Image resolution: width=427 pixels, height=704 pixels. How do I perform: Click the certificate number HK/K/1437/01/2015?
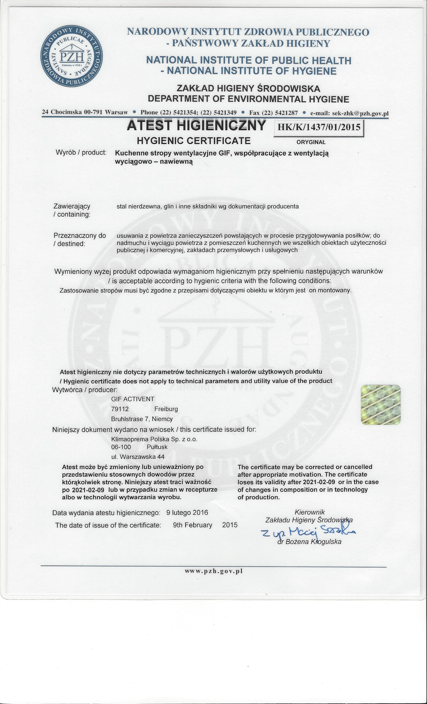click(x=318, y=127)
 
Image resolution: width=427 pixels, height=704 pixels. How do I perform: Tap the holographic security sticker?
click(x=381, y=405)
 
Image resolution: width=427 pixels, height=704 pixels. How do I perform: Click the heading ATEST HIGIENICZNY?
click(x=196, y=126)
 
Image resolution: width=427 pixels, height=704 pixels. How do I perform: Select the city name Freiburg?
click(x=166, y=409)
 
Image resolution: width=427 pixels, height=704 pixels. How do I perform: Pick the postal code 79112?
click(x=120, y=409)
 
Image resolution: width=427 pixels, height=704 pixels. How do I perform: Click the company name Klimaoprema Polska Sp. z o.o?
click(x=154, y=439)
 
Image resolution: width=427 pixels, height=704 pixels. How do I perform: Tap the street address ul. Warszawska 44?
click(x=138, y=457)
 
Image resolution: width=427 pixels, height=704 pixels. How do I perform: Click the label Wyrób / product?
click(x=81, y=153)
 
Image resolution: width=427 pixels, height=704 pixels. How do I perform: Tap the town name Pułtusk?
click(x=157, y=447)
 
